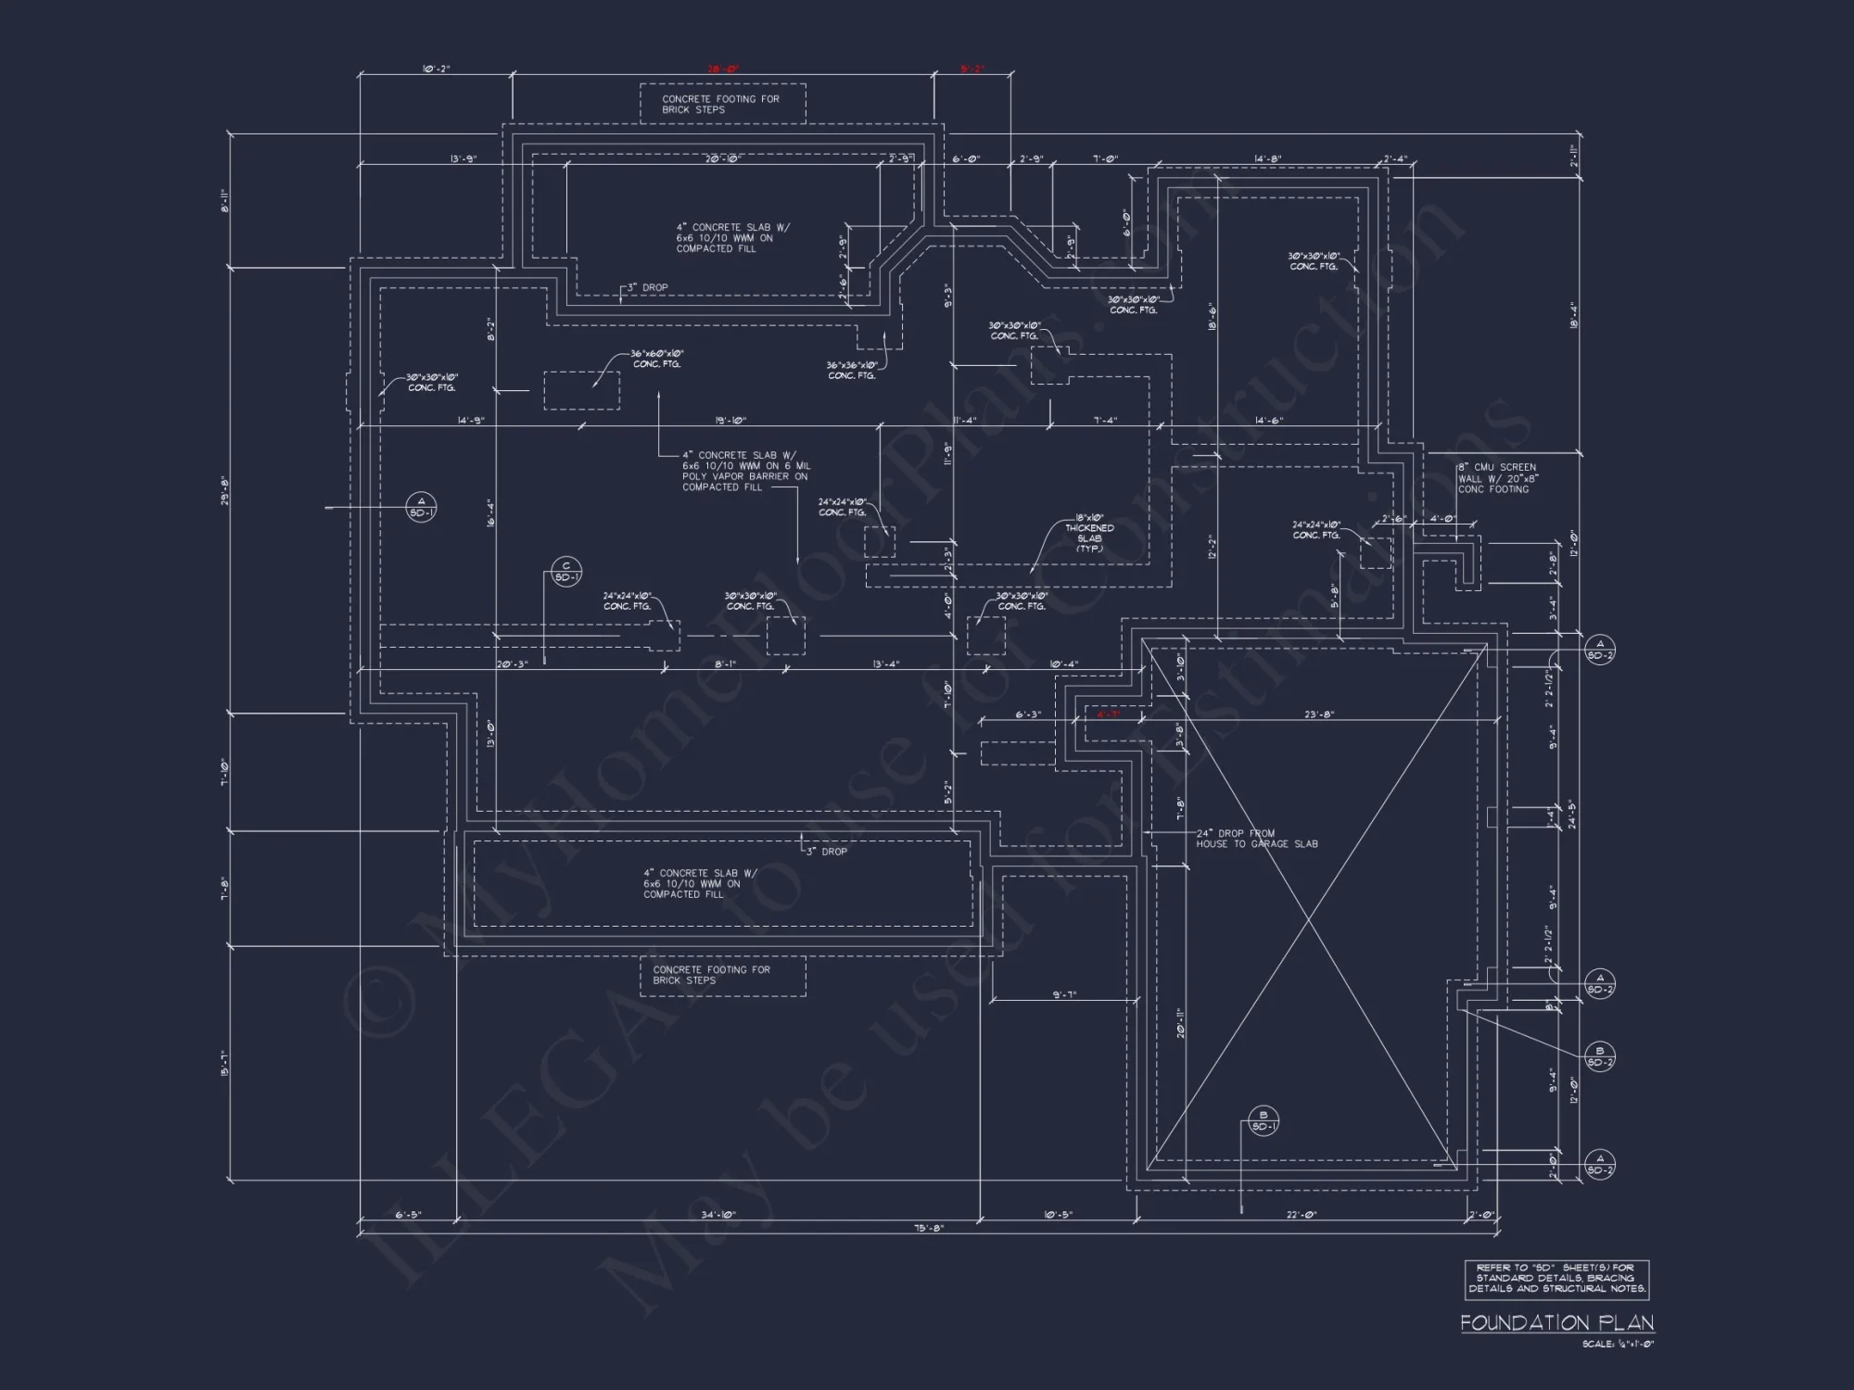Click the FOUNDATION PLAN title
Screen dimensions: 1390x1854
click(x=1556, y=1323)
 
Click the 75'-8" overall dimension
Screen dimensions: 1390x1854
click(x=928, y=1228)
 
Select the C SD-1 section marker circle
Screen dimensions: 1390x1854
click(x=566, y=572)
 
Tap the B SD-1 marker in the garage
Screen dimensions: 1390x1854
click(x=1264, y=1121)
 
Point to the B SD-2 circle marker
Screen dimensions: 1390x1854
click(x=1600, y=1057)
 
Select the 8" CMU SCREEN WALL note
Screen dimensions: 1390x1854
click(x=1497, y=478)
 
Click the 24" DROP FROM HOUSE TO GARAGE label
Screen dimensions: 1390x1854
click(x=1256, y=839)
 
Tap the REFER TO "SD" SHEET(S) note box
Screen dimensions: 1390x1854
click(x=1556, y=1279)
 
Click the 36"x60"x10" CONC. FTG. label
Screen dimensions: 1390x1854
click(x=657, y=359)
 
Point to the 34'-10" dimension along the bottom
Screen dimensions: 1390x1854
click(x=719, y=1214)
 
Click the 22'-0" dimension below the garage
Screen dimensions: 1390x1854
click(x=1302, y=1214)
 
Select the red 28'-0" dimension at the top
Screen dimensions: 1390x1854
click(x=722, y=69)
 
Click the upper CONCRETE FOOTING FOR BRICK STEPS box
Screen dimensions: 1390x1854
click(x=722, y=104)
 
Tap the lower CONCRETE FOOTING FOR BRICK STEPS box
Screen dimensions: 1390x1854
click(x=722, y=976)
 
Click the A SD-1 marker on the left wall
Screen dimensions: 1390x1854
click(x=421, y=507)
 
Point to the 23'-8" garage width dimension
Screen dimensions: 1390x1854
click(x=1318, y=714)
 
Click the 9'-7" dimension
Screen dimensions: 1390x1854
click(x=1064, y=994)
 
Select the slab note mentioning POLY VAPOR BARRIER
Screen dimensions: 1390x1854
click(x=746, y=471)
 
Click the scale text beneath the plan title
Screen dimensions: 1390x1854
click(x=1618, y=1345)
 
